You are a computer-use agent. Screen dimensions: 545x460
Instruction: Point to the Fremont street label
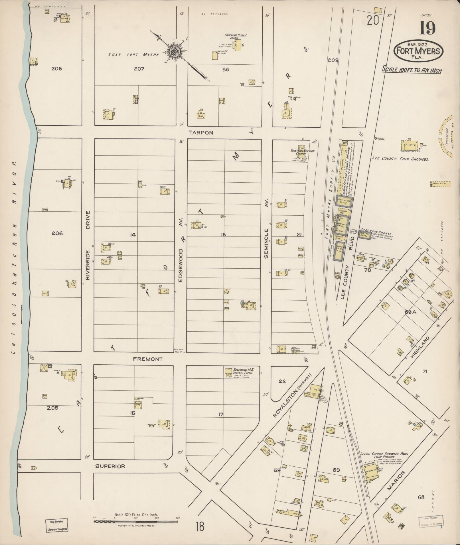coord(148,359)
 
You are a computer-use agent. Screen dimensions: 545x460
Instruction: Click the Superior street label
coord(110,466)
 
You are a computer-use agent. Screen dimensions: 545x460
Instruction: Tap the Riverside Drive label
coord(88,245)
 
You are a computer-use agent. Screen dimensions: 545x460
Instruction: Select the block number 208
coord(56,69)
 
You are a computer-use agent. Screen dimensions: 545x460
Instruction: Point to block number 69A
coord(410,312)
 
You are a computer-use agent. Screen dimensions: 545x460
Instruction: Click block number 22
coord(282,381)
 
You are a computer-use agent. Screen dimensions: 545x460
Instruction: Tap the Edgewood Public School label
coord(236,36)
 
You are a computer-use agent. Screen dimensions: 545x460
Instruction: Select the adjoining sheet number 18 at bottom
coord(200,526)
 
